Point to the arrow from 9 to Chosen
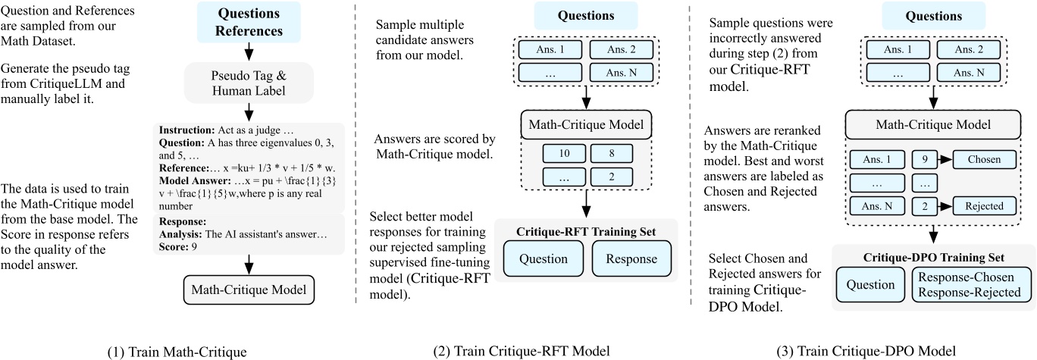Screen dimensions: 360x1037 pos(942,160)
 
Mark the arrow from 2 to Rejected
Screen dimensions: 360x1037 pos(942,205)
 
